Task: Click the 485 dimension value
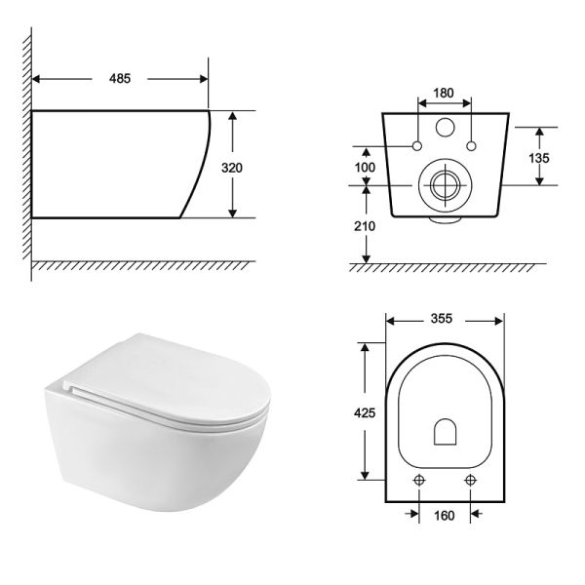click(x=120, y=79)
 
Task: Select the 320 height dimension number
click(x=232, y=168)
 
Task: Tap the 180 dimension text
click(x=444, y=93)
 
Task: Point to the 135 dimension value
click(x=539, y=158)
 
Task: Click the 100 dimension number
click(x=365, y=168)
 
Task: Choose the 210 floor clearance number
click(x=365, y=226)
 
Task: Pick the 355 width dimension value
click(x=442, y=319)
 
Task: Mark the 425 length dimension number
click(x=365, y=413)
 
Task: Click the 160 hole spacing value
click(x=444, y=516)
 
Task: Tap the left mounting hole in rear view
click(x=417, y=146)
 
